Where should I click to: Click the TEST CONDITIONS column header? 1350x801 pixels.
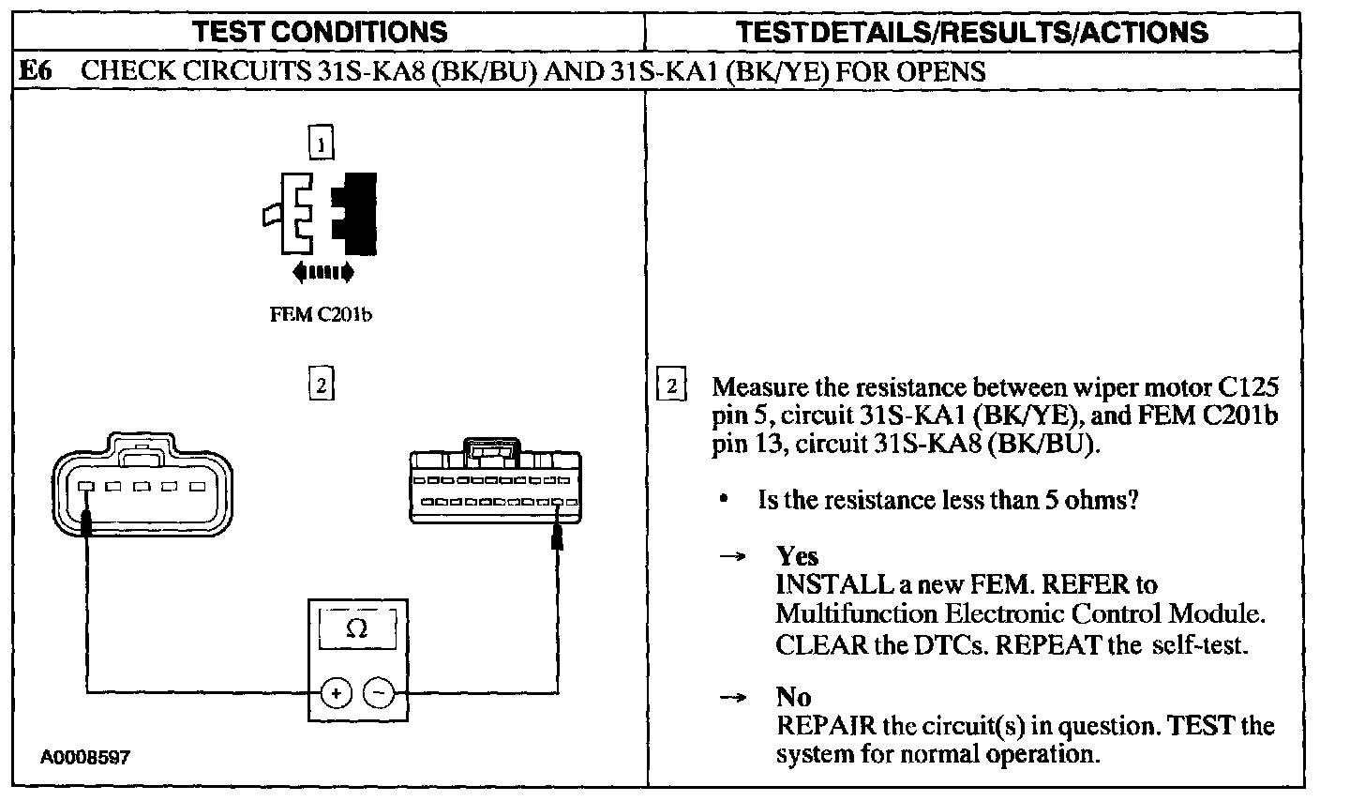(x=320, y=33)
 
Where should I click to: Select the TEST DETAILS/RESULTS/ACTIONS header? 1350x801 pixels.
(x=972, y=33)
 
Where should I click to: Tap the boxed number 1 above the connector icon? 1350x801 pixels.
(x=321, y=144)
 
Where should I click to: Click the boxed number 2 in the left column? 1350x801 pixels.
(x=321, y=385)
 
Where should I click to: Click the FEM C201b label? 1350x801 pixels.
(x=321, y=315)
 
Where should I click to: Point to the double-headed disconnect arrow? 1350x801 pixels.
(x=322, y=273)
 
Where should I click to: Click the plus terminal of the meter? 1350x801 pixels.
(x=337, y=693)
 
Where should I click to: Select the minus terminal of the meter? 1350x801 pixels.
(x=379, y=693)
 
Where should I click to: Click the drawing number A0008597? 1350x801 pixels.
(x=84, y=757)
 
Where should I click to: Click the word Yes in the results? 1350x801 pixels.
(x=797, y=556)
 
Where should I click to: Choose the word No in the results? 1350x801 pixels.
(x=793, y=697)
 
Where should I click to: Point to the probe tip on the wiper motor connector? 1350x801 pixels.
(x=86, y=525)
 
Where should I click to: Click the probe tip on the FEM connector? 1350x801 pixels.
(x=558, y=537)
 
